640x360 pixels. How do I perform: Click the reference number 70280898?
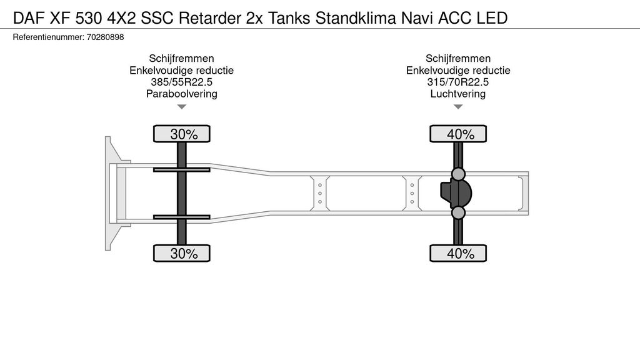click(x=105, y=37)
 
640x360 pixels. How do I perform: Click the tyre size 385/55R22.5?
click(x=182, y=82)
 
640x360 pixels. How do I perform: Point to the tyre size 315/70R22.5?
click(x=458, y=82)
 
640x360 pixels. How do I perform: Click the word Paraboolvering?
click(x=182, y=94)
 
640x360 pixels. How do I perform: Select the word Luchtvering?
click(x=458, y=94)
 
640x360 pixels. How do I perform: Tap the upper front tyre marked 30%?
click(x=182, y=134)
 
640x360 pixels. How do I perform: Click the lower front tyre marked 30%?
click(x=182, y=254)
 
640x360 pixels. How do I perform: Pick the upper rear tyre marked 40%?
click(x=458, y=134)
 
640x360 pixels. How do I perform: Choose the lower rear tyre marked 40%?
click(x=458, y=254)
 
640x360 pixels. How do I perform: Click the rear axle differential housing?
click(x=456, y=193)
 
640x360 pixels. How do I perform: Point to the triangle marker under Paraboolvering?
click(x=182, y=107)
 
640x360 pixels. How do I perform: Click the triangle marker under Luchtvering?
click(x=458, y=107)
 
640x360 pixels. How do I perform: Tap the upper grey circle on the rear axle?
click(x=458, y=174)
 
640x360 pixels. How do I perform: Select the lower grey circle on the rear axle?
click(x=458, y=212)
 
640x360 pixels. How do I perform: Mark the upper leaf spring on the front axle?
click(x=182, y=169)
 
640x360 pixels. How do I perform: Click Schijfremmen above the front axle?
click(x=182, y=58)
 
